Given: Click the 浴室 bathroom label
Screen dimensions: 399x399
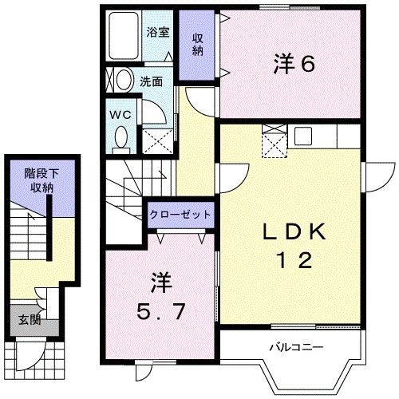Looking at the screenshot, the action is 158,32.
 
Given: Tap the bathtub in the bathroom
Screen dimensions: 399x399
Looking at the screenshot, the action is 124,35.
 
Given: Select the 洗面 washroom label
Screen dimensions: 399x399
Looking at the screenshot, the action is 152,81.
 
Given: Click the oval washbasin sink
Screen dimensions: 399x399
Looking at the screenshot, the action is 124,80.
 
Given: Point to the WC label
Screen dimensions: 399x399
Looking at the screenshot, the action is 120,115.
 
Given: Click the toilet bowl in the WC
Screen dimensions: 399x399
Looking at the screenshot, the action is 121,136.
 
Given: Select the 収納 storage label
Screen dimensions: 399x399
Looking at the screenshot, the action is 198,45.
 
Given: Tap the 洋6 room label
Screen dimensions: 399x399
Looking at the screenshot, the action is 294,64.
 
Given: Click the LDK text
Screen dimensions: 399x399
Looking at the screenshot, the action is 294,231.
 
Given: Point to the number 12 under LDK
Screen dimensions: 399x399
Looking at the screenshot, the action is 294,260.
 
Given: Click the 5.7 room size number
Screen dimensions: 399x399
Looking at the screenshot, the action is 160,311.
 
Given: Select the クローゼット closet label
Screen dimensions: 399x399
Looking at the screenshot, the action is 180,215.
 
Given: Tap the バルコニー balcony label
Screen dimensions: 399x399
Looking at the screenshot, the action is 296,347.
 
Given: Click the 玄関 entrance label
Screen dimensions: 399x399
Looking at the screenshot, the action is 30,320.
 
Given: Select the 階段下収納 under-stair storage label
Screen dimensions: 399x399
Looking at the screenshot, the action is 41,180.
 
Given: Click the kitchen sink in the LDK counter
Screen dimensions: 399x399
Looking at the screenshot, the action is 303,136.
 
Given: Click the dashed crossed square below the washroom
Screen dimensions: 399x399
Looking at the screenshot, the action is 157,141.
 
